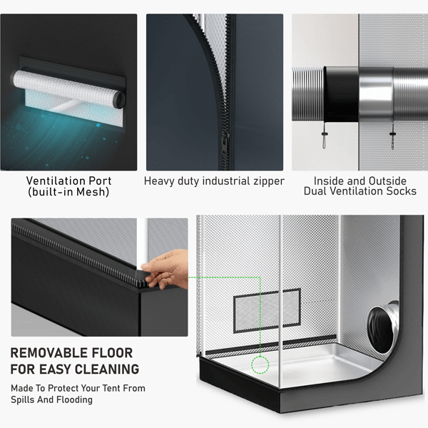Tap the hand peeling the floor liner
tap(166, 270)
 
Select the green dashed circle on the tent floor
tap(260, 365)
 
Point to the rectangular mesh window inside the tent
tap(267, 310)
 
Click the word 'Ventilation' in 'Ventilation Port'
tap(53, 180)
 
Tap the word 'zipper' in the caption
tap(269, 181)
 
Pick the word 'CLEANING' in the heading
tap(107, 370)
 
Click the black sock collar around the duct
tap(341, 94)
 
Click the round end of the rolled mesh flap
tap(120, 99)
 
